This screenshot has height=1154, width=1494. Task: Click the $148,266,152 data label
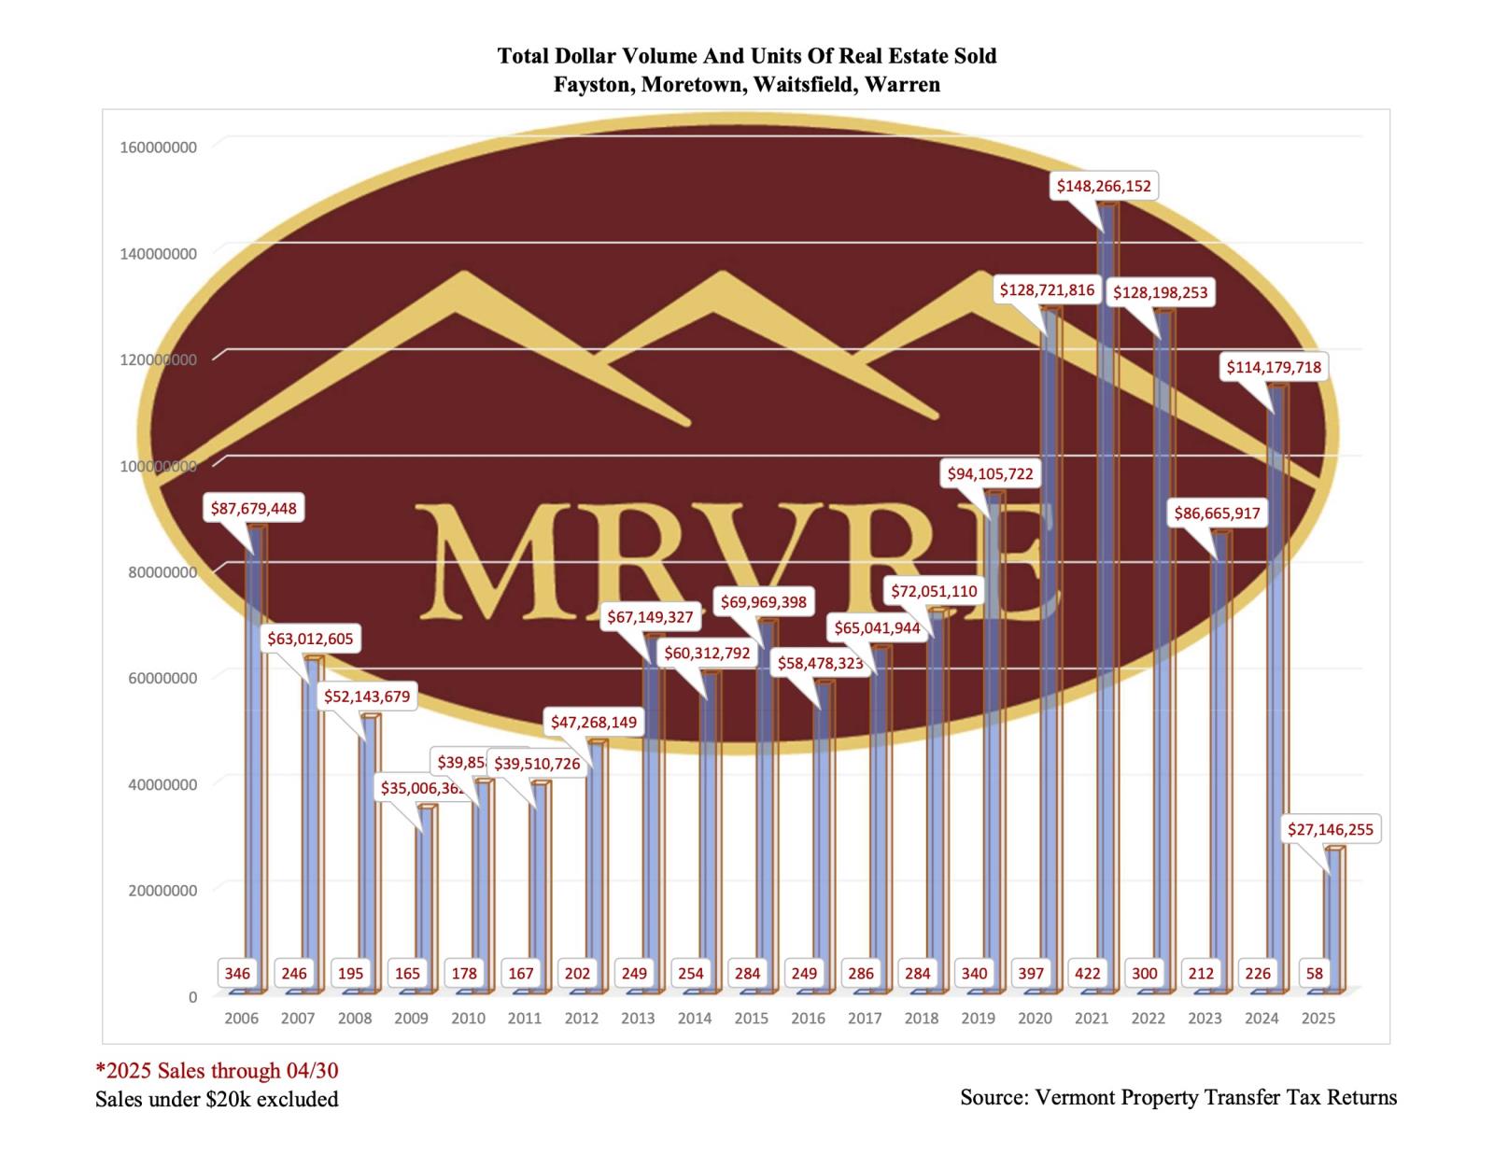pos(1104,186)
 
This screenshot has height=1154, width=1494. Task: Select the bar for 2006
pos(255,747)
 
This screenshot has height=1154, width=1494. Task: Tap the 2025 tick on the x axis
pos(1318,1018)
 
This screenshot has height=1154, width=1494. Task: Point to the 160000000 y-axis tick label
pos(158,148)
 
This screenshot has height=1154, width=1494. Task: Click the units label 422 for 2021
pos(1088,973)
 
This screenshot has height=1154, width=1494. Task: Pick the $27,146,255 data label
pos(1330,829)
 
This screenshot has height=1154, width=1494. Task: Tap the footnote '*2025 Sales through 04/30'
pos(217,1070)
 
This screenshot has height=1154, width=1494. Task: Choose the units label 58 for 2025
pos(1315,973)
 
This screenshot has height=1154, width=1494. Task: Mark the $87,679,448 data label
pos(253,509)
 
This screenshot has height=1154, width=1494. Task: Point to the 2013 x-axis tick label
pos(638,1018)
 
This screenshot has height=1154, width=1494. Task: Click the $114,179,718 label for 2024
pos(1274,367)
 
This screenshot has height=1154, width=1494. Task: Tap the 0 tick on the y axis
pos(192,997)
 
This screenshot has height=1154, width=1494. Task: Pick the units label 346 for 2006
pos(237,973)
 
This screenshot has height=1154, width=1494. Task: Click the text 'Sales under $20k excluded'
pos(217,1100)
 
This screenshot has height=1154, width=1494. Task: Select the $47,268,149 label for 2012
pos(593,722)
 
